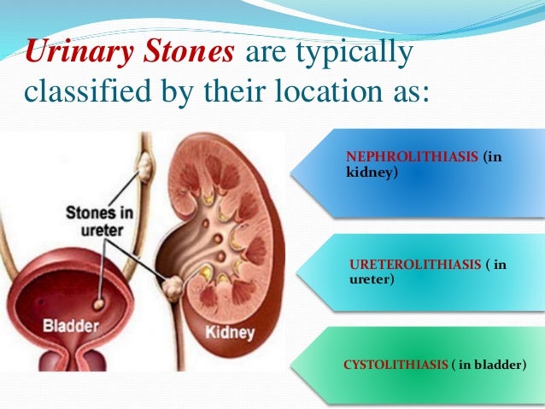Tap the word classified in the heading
[85, 91]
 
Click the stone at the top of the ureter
[144, 161]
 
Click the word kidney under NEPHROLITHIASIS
[368, 172]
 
